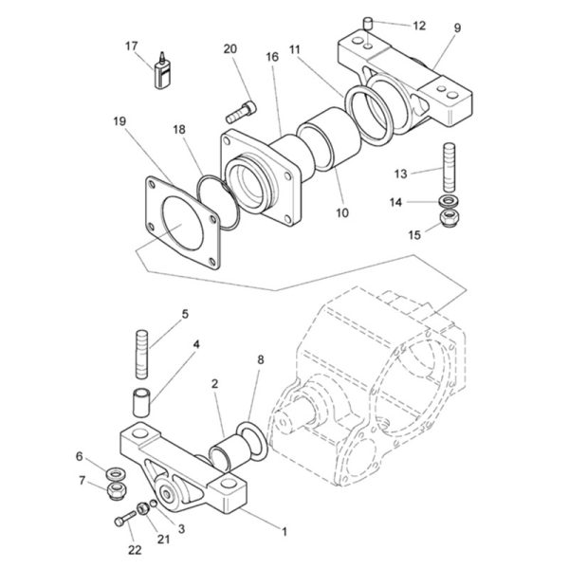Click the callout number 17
pyautogui.click(x=132, y=46)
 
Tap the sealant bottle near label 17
pyautogui.click(x=161, y=72)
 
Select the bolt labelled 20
pyautogui.click(x=241, y=112)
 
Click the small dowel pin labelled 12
pyautogui.click(x=368, y=24)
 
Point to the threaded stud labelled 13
pyautogui.click(x=449, y=167)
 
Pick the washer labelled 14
pyautogui.click(x=449, y=200)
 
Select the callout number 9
pyautogui.click(x=457, y=28)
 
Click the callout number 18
pyautogui.click(x=179, y=130)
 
